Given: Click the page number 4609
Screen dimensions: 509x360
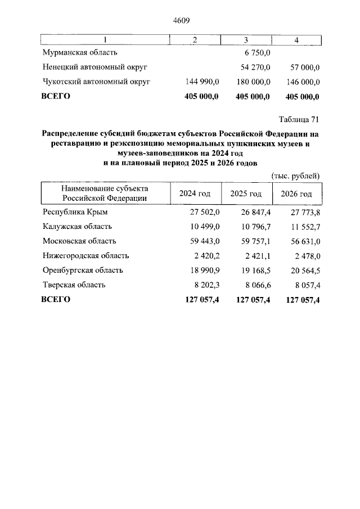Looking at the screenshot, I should tap(180, 21).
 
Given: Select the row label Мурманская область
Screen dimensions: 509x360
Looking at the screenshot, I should tap(80, 53).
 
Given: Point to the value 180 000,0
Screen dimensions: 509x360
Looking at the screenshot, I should tap(253, 82).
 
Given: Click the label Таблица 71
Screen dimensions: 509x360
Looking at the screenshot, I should tap(299, 119).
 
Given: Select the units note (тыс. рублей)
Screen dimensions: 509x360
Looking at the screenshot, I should tap(295, 175).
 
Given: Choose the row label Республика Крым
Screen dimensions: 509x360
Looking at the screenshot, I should tap(75, 212).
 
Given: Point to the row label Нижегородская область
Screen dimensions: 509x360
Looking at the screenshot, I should tap(85, 256).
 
